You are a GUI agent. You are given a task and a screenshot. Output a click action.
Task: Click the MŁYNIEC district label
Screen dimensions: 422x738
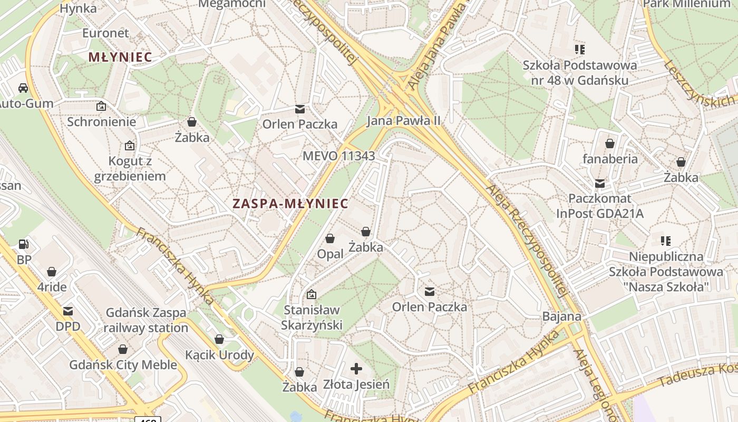[x=120, y=57]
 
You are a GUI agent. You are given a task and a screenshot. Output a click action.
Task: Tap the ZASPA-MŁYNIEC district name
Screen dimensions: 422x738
[x=290, y=204]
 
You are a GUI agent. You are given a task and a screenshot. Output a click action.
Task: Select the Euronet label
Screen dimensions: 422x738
[x=105, y=33]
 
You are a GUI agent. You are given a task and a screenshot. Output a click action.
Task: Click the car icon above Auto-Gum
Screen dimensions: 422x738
[x=23, y=88]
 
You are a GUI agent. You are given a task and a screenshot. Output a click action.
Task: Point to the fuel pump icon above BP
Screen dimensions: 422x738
[x=24, y=244]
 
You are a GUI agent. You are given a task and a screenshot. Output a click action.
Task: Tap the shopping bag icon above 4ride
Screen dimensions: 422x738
[x=52, y=272]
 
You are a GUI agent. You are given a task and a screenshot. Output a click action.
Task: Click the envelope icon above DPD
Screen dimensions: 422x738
[x=68, y=311]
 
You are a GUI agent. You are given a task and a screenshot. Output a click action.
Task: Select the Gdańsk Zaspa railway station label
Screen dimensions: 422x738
[x=146, y=320]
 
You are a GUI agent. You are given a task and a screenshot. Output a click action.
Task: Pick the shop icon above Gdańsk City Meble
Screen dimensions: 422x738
[x=123, y=349]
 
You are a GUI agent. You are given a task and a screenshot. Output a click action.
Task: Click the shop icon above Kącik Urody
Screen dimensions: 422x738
[x=219, y=339]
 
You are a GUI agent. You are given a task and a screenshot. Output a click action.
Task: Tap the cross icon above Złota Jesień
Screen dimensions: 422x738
[x=357, y=368]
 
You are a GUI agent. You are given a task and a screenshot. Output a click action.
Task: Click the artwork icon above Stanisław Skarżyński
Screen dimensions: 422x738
[x=312, y=294]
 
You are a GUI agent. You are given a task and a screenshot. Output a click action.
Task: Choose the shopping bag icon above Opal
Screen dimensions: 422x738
[x=330, y=238]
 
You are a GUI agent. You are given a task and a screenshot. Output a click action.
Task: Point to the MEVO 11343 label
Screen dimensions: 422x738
[x=338, y=156]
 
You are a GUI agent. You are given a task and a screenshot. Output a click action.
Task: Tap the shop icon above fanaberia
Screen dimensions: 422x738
[x=610, y=143]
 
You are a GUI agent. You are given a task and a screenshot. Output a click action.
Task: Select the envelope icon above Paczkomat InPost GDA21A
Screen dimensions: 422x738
[x=600, y=183]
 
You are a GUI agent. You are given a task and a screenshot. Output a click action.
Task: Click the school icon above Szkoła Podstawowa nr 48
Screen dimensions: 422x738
[x=580, y=50]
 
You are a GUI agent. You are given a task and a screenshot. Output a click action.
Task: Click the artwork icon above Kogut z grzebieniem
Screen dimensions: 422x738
[x=130, y=146]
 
